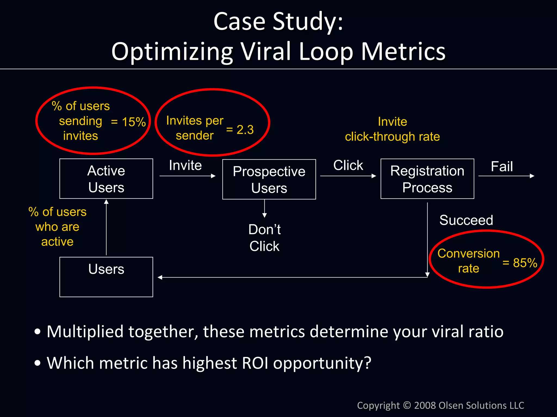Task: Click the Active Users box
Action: coord(106,179)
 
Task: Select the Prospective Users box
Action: coord(269,179)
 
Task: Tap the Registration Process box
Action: coord(427,179)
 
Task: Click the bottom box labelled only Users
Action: coord(106,277)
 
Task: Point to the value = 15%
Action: coord(129,122)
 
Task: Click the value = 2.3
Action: coord(240,130)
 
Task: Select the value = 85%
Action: coord(520,263)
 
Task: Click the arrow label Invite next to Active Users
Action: coord(185,165)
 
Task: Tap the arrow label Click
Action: coord(348,165)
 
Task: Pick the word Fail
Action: coord(502,166)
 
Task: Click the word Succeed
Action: coord(466,220)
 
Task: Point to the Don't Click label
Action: coord(264,238)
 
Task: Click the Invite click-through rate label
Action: coord(392,129)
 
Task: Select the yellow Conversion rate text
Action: coord(468,261)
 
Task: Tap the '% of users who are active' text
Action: coord(57,227)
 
